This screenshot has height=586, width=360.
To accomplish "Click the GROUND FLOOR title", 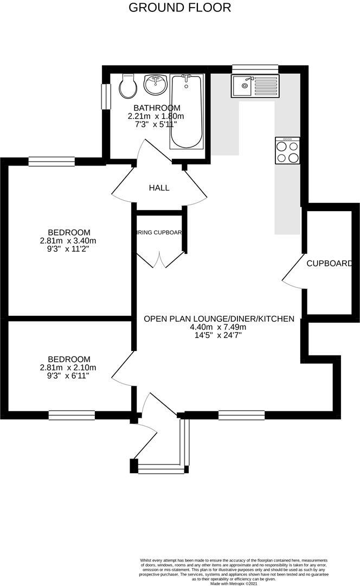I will click(x=179, y=8).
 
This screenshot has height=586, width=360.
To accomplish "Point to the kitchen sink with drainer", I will click(x=254, y=86).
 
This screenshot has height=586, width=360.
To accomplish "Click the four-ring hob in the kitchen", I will click(x=287, y=150).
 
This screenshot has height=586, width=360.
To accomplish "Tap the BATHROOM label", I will click(x=157, y=107).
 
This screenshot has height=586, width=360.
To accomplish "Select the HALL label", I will click(x=159, y=188).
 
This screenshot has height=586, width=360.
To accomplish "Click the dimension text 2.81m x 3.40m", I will click(x=68, y=240).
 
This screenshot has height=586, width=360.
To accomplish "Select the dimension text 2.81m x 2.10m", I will click(x=68, y=367).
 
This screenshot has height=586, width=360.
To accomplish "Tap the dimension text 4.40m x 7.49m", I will click(x=218, y=327).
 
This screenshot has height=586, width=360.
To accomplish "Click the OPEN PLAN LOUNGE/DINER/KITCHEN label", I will click(x=218, y=319).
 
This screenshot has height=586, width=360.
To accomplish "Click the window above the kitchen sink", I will click(x=255, y=69).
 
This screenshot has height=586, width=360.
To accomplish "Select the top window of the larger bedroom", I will click(x=52, y=161).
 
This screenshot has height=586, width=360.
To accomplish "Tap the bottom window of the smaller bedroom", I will click(x=72, y=415).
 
